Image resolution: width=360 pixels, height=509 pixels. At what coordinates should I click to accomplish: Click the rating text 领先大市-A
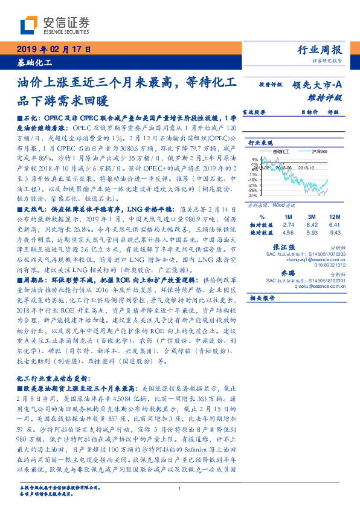(x=318, y=85)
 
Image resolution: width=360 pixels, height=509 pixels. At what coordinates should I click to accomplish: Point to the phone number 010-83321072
(x=327, y=264)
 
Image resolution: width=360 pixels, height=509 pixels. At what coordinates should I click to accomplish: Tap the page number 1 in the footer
(x=180, y=489)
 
